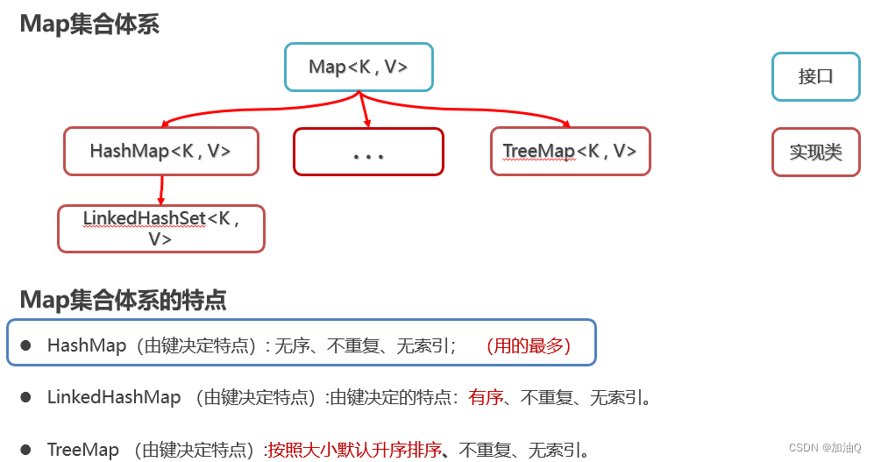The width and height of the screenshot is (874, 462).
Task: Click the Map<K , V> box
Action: (359, 67)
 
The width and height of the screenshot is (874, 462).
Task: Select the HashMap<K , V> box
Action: (160, 151)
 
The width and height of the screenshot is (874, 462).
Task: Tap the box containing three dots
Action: (368, 152)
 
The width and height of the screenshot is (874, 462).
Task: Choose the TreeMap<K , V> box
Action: (570, 151)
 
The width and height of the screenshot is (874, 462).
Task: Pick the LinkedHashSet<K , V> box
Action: (160, 228)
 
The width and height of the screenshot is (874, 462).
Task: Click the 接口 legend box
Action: (815, 76)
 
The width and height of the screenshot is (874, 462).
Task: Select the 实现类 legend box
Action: (815, 152)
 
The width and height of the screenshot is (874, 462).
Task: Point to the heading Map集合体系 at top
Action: (89, 24)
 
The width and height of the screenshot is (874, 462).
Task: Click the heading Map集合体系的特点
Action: (124, 301)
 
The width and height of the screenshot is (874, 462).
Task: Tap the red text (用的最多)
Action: (527, 346)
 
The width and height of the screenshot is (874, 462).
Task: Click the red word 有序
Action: (486, 398)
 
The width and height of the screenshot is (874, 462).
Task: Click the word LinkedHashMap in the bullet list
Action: (114, 398)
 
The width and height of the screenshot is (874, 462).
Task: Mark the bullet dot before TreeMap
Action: (27, 451)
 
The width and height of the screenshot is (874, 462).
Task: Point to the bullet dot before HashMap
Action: (27, 346)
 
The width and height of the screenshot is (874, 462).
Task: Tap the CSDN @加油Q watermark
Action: (825, 448)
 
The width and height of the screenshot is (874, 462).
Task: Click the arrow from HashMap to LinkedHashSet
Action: (161, 189)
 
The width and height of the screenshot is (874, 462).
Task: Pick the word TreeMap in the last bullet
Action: (83, 451)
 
